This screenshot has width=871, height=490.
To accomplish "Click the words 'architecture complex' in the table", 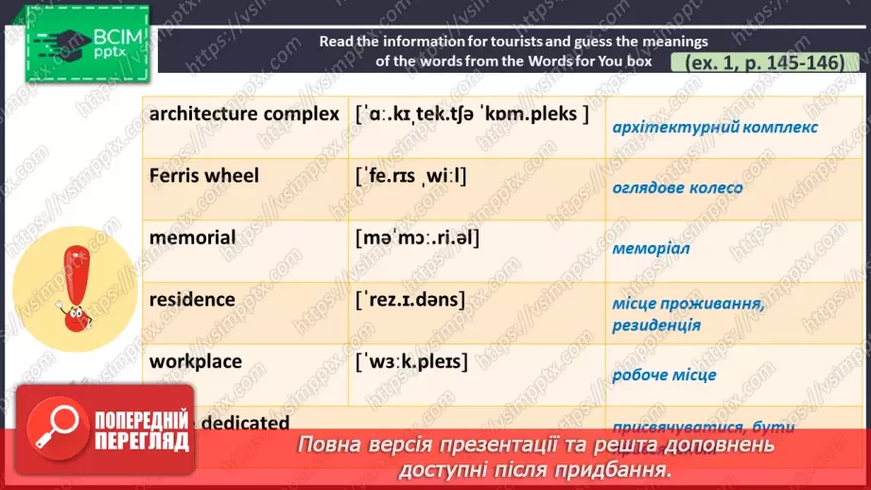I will click(x=244, y=114).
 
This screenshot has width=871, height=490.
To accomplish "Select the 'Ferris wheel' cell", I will click(x=204, y=176).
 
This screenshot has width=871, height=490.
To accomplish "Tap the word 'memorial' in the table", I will click(x=193, y=237).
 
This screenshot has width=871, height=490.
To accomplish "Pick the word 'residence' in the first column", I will click(x=192, y=300).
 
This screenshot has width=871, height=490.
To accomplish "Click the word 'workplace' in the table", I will click(x=196, y=361).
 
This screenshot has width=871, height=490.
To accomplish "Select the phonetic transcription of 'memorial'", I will click(x=418, y=237).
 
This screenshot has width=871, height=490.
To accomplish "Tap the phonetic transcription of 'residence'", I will click(x=410, y=300).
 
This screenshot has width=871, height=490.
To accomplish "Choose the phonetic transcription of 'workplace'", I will click(x=411, y=361).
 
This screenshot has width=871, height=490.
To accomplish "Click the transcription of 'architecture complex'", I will click(x=473, y=114).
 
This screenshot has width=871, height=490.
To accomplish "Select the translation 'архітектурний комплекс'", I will click(x=715, y=127).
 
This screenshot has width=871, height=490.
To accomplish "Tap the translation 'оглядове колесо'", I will click(x=677, y=187).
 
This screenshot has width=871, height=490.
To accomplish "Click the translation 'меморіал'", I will click(x=651, y=249).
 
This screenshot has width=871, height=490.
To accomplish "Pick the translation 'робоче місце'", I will click(x=664, y=375).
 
